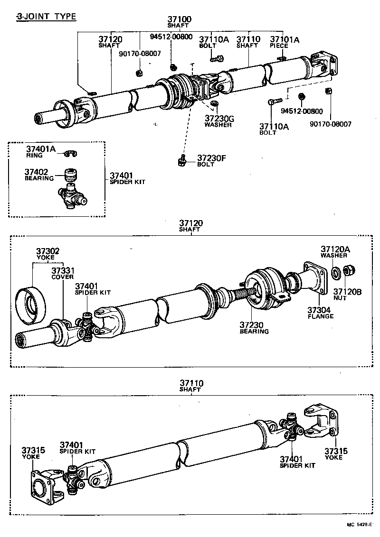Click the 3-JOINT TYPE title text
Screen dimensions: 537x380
(x=46, y=17)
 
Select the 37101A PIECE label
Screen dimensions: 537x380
(x=285, y=42)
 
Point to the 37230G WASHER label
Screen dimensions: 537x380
(x=218, y=121)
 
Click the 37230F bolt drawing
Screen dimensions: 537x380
(x=181, y=161)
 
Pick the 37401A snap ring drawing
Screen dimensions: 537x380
(x=71, y=153)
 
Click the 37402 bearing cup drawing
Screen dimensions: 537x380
(x=71, y=176)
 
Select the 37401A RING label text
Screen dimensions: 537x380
(x=40, y=152)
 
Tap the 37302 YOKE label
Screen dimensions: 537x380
(x=48, y=254)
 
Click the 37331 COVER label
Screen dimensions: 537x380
(x=63, y=273)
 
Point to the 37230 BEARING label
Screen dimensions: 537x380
(x=254, y=327)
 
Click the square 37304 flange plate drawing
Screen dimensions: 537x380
(x=314, y=277)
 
